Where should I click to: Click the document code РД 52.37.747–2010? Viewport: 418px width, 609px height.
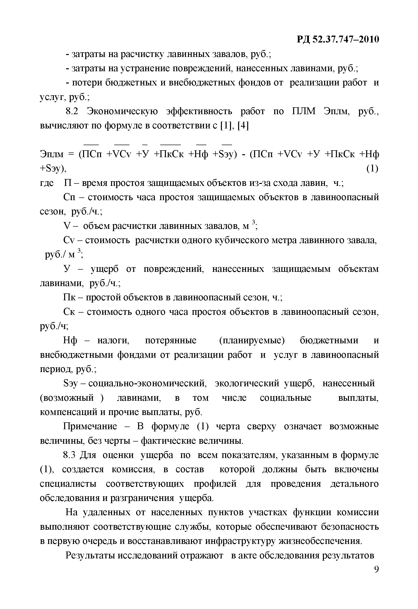point(338,39)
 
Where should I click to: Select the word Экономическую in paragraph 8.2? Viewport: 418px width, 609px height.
point(122,111)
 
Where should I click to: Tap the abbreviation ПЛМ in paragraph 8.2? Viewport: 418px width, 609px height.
point(304,111)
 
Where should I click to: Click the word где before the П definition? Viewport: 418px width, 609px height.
point(47,183)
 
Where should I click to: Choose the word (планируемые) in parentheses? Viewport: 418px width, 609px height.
point(252,340)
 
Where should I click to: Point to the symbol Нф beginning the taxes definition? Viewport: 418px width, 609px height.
point(70,340)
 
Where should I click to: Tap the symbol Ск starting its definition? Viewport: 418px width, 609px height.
point(69,312)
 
